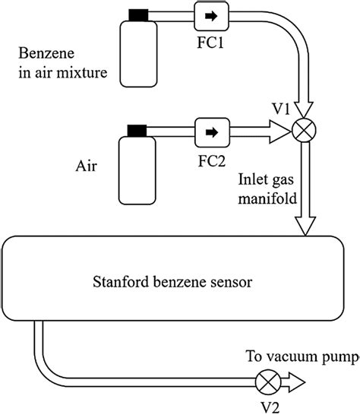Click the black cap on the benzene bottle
coord(138,14)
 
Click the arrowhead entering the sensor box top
coord(307,226)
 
